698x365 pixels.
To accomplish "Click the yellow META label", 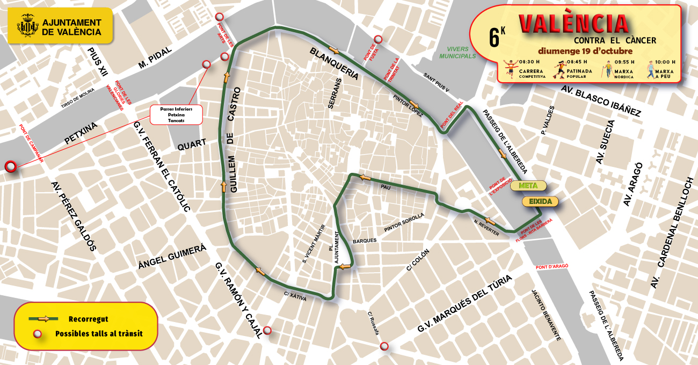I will (528, 186).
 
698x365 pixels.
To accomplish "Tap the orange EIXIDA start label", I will (540, 202).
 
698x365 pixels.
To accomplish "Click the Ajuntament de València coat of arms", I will (27, 27).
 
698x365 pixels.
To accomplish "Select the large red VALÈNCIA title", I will (573, 24).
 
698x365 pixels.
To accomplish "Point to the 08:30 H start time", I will (514, 62).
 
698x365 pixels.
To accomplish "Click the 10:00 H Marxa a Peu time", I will (665, 62).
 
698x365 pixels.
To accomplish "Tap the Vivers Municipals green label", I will (457, 53).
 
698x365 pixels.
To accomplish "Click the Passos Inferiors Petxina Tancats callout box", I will (176, 115).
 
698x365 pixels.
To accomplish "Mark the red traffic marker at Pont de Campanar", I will (10, 167).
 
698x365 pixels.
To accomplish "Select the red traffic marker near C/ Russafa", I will (384, 346).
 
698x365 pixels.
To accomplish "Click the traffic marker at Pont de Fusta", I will (378, 39).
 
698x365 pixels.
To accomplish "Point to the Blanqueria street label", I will (334, 63).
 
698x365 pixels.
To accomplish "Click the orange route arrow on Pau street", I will (366, 177).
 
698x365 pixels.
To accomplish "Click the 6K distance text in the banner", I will (497, 37).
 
